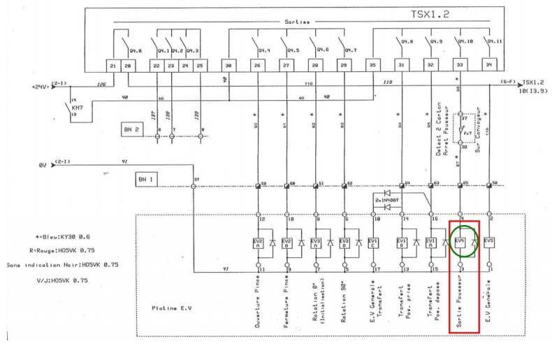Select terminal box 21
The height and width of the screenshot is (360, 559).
[x=113, y=65]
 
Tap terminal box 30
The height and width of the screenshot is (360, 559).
[x=228, y=65]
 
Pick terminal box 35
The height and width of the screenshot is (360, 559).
[x=373, y=65]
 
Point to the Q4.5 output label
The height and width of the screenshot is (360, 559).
[x=293, y=50]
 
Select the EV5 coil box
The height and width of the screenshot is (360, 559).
[x=488, y=242]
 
